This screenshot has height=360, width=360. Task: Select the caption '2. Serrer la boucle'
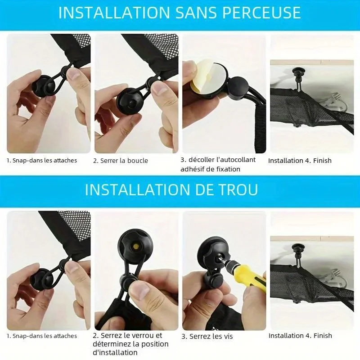click(x=121, y=161)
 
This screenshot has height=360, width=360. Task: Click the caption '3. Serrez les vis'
click(x=207, y=336)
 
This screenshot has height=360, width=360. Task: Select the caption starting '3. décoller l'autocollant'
click(x=218, y=164)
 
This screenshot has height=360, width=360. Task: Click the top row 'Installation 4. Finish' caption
click(x=300, y=161)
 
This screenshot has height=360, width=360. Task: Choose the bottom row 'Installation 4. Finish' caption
click(x=300, y=336)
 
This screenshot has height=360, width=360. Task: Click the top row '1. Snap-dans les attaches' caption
click(x=42, y=161)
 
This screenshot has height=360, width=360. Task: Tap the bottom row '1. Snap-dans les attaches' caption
click(x=42, y=336)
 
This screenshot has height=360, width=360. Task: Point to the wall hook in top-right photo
click(x=298, y=73)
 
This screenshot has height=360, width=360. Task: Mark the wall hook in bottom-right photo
click(x=298, y=248)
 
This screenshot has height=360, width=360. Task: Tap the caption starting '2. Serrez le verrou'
click(x=131, y=344)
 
